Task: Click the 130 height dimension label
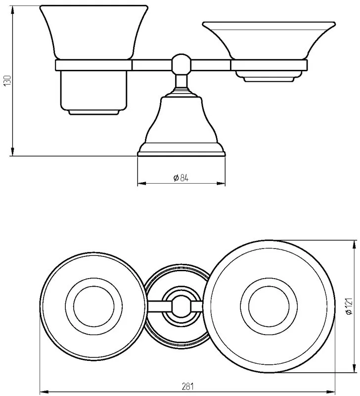coord(7,80)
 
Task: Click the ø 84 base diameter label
coord(181,178)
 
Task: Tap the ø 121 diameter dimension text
coord(349,306)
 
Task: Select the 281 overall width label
coord(188,387)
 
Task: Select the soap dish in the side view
coord(269,41)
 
